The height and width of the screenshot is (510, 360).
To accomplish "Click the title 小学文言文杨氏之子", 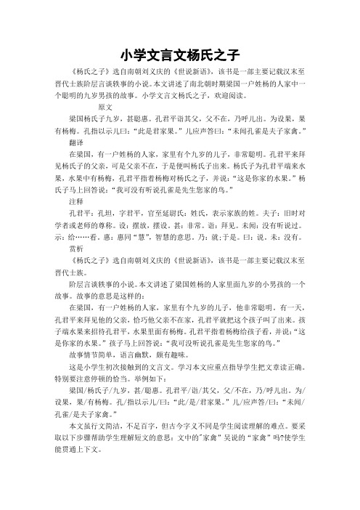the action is (180, 54).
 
